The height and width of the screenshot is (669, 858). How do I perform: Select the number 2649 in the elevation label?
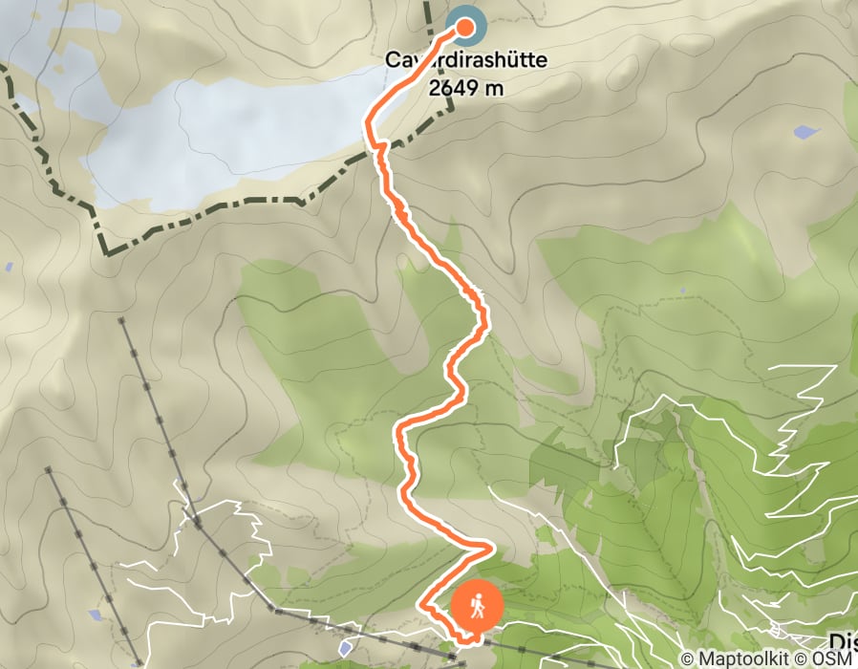[x=448, y=88]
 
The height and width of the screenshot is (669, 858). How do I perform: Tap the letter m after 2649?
[x=495, y=88]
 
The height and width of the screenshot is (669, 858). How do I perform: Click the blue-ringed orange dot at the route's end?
[x=464, y=27]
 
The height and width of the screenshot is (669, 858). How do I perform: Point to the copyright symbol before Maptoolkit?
[x=685, y=658]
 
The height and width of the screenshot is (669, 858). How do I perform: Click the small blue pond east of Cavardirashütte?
[x=805, y=131]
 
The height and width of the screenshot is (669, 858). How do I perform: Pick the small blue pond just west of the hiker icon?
[x=344, y=649]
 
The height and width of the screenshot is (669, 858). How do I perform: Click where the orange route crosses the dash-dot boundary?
[x=375, y=147]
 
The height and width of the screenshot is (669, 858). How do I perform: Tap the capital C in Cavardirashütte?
[x=392, y=59]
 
